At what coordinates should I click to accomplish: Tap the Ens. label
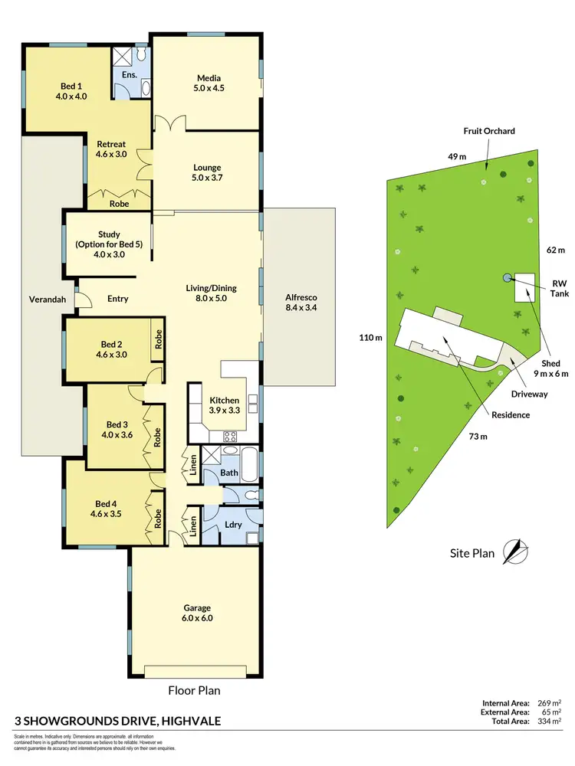(129, 75)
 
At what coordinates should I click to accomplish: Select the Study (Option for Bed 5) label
(110, 244)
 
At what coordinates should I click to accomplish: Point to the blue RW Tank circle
(506, 277)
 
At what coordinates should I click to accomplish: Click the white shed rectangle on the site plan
(525, 288)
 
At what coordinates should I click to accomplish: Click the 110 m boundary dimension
(371, 338)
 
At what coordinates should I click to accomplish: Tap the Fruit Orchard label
(489, 131)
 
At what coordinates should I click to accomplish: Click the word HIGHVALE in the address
(182, 722)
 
